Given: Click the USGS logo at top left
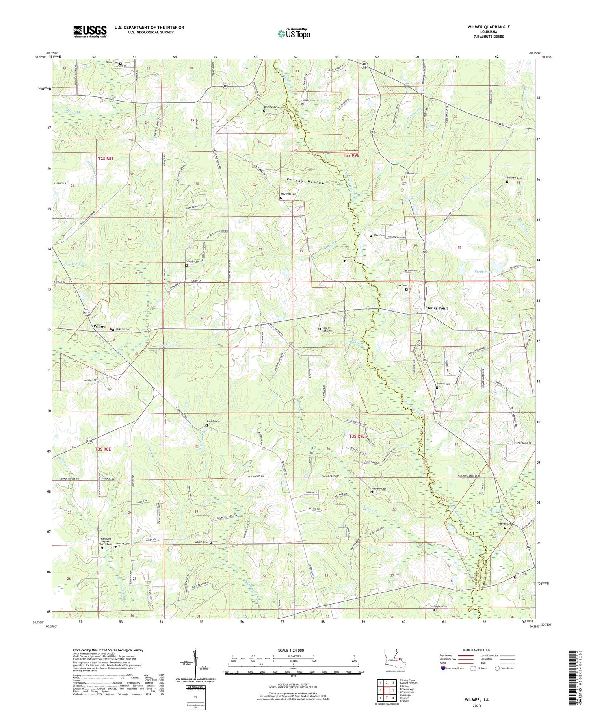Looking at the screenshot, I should click(x=89, y=32).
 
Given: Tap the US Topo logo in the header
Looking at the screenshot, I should click(x=294, y=33).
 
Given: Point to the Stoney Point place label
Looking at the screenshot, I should click(x=437, y=308).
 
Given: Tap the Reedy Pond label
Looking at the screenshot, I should click(x=483, y=272).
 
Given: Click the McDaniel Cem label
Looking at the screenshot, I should click(x=288, y=194).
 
